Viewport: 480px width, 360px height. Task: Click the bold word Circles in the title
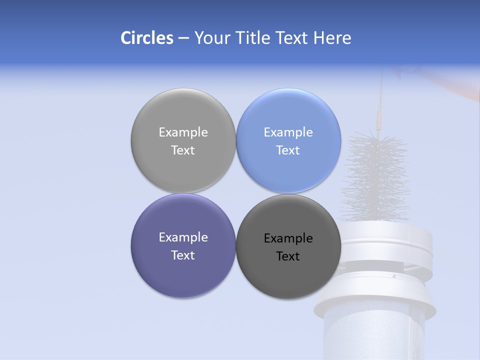click(147, 38)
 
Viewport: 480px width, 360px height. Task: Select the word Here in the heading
click(332, 38)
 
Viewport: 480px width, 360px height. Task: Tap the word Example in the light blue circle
click(288, 132)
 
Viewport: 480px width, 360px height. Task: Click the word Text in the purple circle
click(183, 255)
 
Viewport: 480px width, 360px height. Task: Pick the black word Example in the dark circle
click(288, 238)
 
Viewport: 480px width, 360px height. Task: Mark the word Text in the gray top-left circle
click(183, 150)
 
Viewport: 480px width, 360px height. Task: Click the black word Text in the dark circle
click(288, 256)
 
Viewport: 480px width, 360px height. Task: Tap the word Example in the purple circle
click(183, 237)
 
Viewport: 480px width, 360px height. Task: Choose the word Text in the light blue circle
click(288, 150)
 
